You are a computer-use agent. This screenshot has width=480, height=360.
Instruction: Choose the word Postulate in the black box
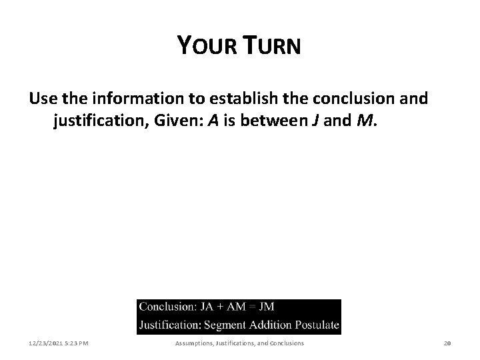[x=316, y=326]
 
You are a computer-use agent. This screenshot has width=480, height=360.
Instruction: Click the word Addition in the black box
[x=273, y=326]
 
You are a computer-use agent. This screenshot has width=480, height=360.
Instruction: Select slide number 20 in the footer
[x=447, y=343]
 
